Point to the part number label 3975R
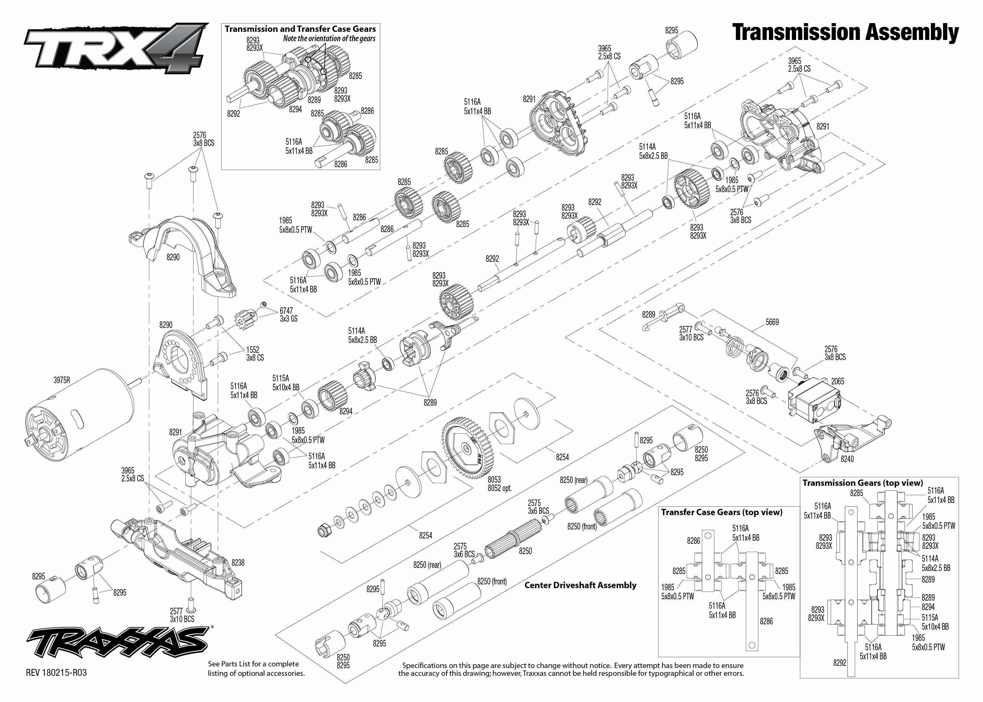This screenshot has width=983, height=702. pos(62,380)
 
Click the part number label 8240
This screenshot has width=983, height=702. pos(847,459)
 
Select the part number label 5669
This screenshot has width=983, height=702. pos(772,322)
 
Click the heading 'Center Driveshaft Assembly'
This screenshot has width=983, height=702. pos(580,585)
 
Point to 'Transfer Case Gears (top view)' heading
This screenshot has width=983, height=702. pos(721,512)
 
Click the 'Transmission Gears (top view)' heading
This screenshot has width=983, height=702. pos(863,483)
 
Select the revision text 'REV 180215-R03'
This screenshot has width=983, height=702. pos(56,673)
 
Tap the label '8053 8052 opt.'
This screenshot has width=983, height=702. pos(499,484)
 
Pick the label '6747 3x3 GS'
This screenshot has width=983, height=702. pos(288,315)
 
